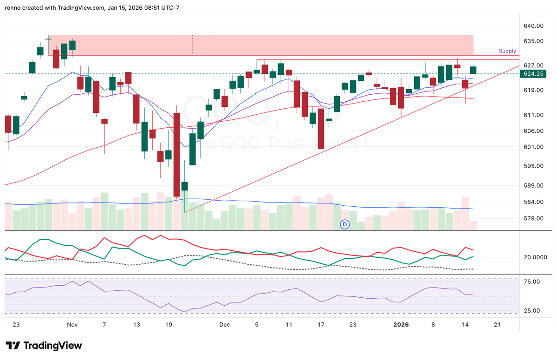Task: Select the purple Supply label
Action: (507, 51)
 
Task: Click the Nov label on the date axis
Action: (72, 325)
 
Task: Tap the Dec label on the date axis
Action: (225, 325)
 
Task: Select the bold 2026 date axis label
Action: (401, 325)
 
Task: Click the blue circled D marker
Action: (345, 224)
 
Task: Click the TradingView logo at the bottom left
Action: (44, 346)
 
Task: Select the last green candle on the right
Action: (473, 70)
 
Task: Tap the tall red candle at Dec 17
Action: (321, 128)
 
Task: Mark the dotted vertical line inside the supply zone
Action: (192, 45)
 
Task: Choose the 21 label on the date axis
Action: (497, 325)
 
